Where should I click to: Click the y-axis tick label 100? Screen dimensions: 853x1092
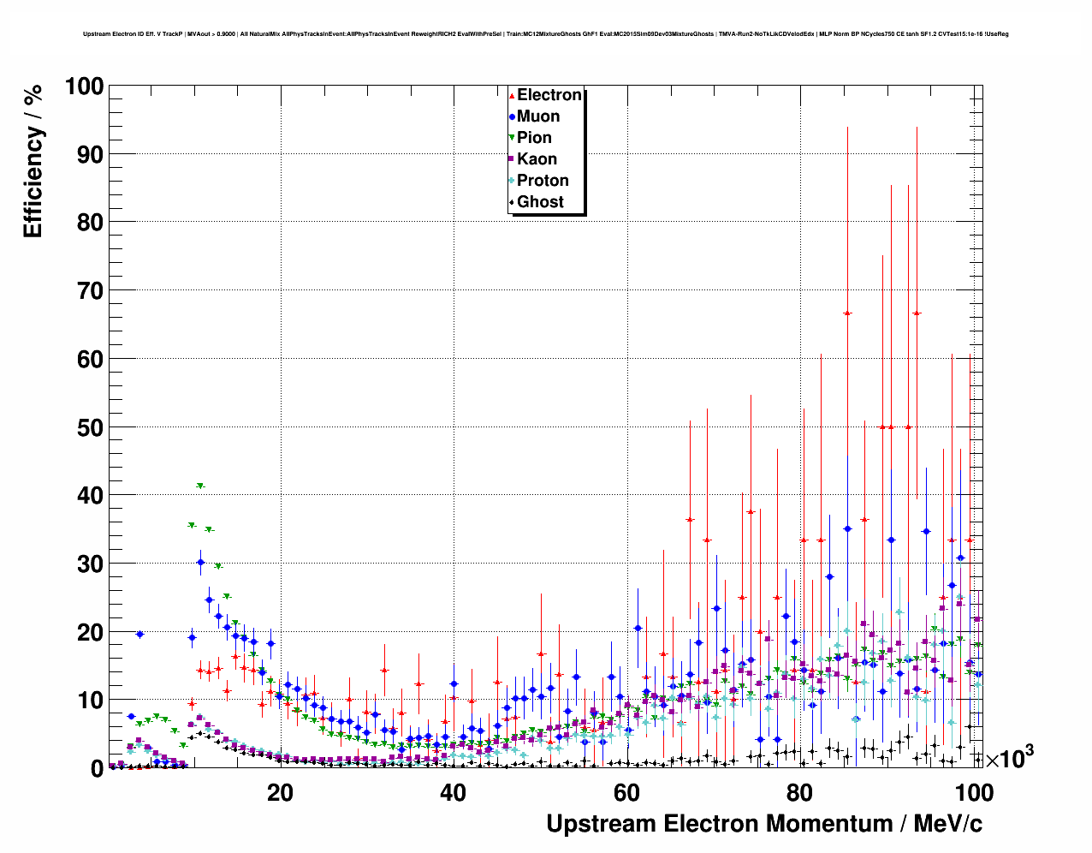pyautogui.click(x=84, y=86)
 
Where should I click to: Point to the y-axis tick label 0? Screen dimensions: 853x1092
pyautogui.click(x=98, y=768)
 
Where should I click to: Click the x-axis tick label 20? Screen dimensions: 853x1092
pyautogui.click(x=280, y=793)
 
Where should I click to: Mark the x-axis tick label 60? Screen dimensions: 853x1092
pyautogui.click(x=626, y=793)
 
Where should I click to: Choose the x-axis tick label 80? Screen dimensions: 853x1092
pyautogui.click(x=799, y=793)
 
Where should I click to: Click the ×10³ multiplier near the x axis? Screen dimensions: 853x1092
pyautogui.click(x=1009, y=759)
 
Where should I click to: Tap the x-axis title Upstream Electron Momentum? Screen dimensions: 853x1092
pyautogui.click(x=764, y=824)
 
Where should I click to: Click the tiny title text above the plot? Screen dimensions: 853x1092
pyautogui.click(x=545, y=34)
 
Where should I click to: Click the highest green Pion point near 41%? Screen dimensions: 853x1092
pyautogui.click(x=200, y=486)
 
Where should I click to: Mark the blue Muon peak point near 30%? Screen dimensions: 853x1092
pyautogui.click(x=200, y=563)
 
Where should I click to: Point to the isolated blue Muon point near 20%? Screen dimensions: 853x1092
pyautogui.click(x=139, y=634)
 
